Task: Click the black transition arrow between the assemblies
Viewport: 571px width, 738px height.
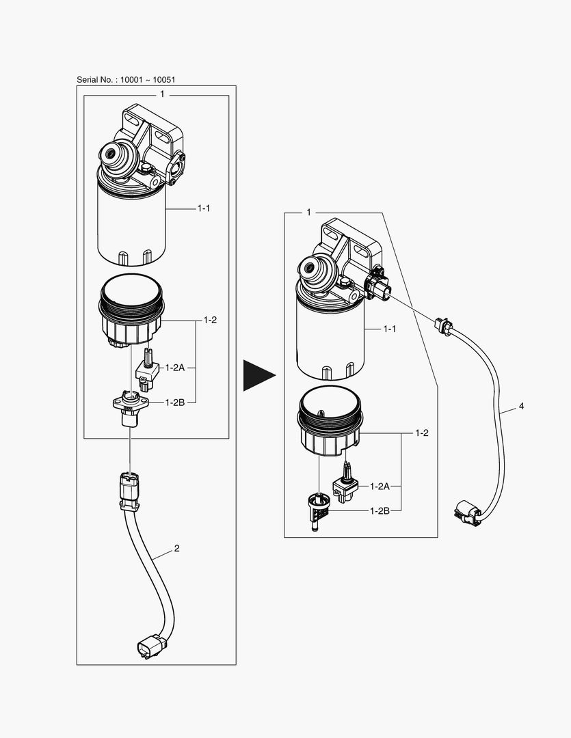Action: (259, 375)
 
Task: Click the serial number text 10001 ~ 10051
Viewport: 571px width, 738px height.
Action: (148, 79)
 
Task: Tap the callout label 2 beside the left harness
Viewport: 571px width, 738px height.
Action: (176, 548)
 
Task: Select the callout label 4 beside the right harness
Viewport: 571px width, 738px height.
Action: (521, 406)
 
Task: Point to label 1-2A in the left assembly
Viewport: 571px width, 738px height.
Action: (175, 368)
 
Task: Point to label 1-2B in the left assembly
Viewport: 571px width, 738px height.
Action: (175, 402)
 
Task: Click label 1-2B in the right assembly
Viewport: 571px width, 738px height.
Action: (380, 510)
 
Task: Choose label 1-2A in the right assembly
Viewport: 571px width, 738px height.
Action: (380, 487)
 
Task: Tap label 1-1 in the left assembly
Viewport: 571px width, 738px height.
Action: (204, 208)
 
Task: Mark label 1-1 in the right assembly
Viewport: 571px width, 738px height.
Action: (390, 329)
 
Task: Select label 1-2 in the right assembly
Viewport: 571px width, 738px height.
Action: (422, 433)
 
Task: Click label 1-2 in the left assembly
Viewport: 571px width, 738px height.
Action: (210, 320)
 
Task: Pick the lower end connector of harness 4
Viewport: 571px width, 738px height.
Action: (468, 513)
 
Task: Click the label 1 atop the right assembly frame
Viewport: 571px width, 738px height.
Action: (308, 213)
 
